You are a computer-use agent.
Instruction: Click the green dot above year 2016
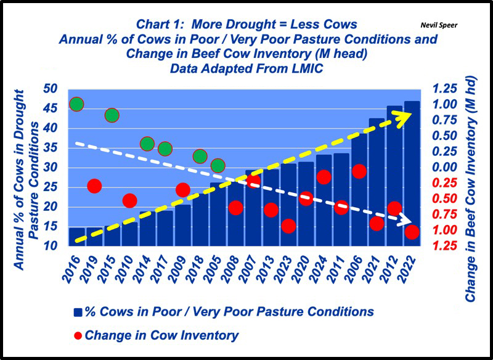(x=76, y=104)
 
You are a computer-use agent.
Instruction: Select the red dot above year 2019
(x=94, y=186)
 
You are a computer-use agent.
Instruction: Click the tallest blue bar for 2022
(x=412, y=173)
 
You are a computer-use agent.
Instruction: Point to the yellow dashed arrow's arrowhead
(x=404, y=120)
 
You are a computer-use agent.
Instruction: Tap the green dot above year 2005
(x=218, y=166)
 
